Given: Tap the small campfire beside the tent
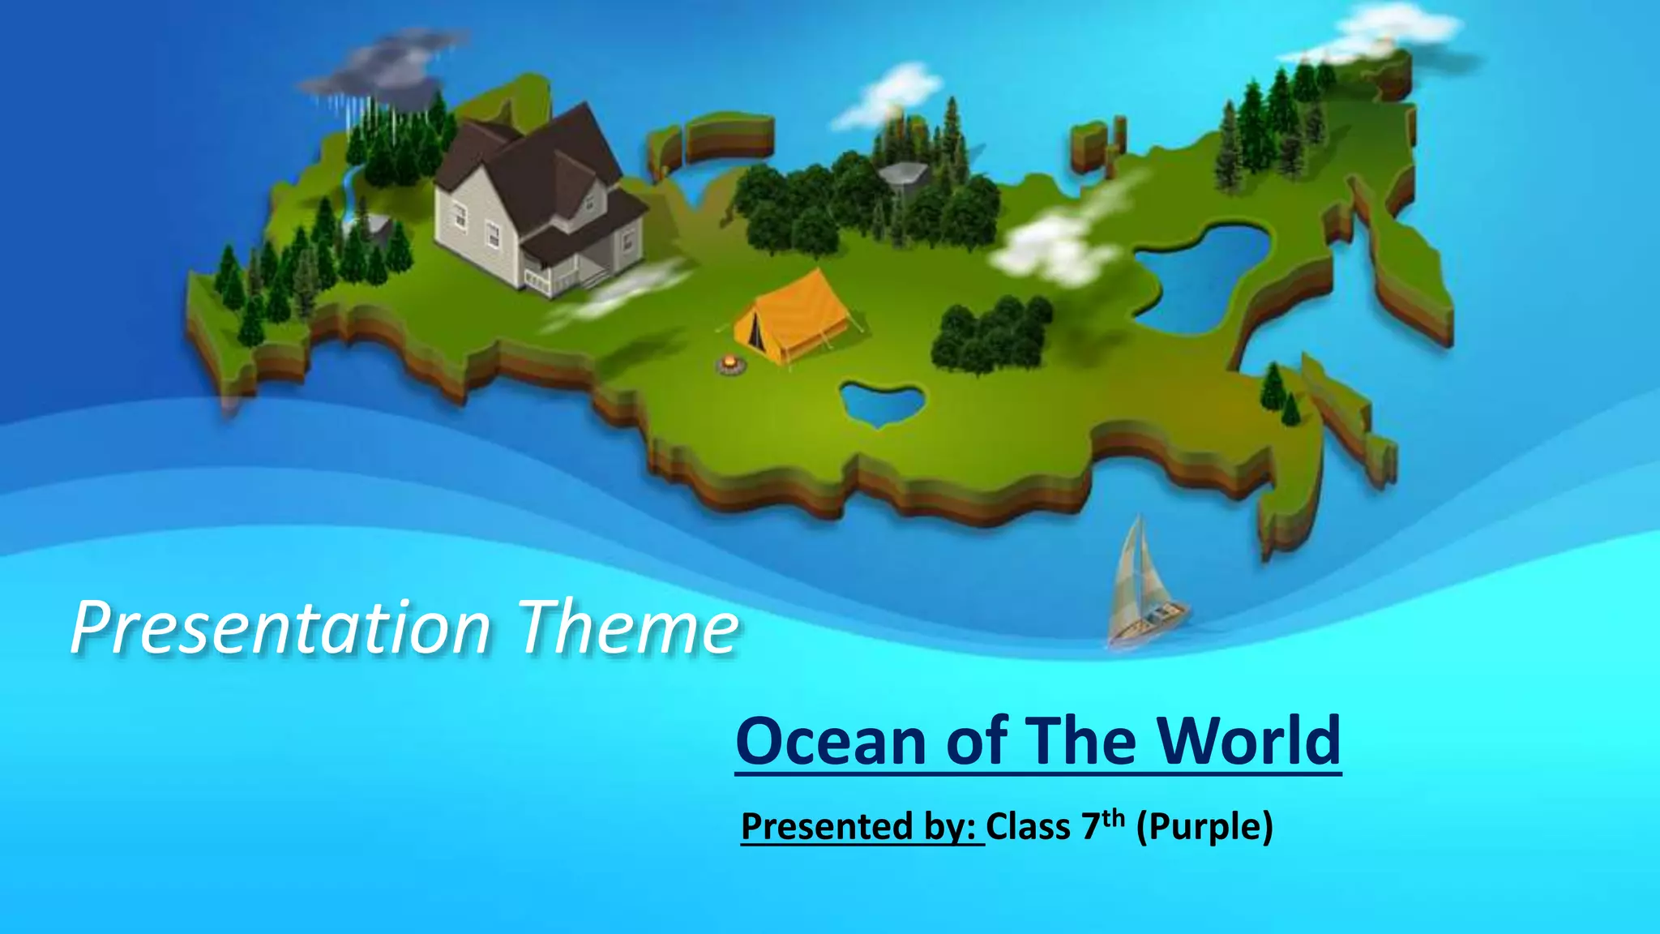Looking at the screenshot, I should coord(731,364).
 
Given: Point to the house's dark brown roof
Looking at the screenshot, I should coord(535,158).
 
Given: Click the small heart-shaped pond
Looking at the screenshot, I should coord(882,403).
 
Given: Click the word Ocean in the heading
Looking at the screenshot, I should coord(831,741).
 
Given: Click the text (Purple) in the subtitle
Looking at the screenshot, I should coord(1204,827).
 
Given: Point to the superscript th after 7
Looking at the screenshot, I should coord(1114,817).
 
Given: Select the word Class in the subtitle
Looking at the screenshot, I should coord(1028,827).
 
